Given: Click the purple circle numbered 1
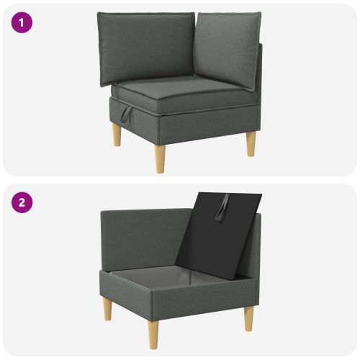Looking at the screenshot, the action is coord(22,22).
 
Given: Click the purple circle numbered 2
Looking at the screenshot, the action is coord(22,202).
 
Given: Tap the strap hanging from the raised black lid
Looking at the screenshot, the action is coord(222,208).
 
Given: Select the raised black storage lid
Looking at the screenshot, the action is coord(218,235).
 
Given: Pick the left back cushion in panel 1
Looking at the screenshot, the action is coord(146,48).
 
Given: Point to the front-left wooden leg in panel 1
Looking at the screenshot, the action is coord(117,134).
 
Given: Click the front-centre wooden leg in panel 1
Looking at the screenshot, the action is coord(160,158).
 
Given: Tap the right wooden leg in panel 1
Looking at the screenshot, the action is coord(251,144).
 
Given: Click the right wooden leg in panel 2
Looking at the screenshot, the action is coord(249,319).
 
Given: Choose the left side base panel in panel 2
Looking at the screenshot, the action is coord(126,294).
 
